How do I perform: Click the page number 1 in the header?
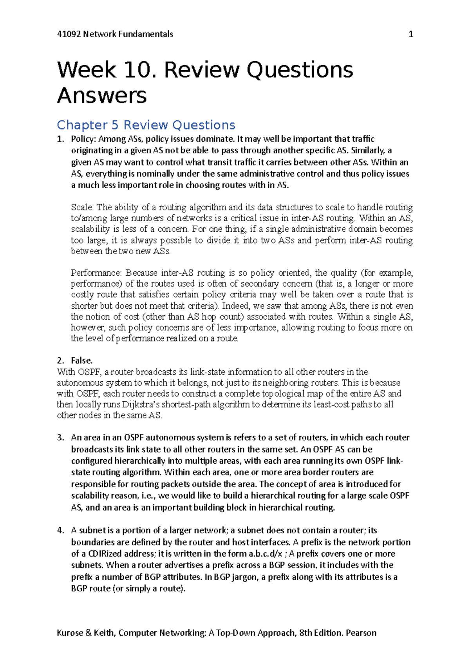[411, 35]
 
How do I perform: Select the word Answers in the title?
[102, 96]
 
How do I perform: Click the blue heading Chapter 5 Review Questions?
[146, 125]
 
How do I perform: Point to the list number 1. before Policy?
[60, 139]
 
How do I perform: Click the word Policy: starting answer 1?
[83, 139]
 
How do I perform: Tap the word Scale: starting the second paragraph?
[82, 207]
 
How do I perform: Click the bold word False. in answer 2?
[81, 360]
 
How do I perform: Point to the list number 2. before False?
[60, 360]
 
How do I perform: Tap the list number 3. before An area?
[60, 438]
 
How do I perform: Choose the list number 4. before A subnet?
[60, 531]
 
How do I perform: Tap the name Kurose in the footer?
[70, 633]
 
